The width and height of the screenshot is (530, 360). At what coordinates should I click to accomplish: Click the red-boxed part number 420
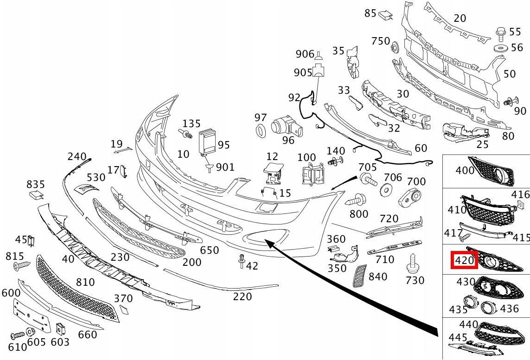pos(464,260)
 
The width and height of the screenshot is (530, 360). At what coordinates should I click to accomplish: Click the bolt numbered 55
pos(501,32)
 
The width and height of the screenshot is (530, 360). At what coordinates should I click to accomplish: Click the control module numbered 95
pos(208,142)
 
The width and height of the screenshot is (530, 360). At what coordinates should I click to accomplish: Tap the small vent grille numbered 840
pos(360,276)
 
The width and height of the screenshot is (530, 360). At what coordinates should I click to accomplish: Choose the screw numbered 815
pos(21,265)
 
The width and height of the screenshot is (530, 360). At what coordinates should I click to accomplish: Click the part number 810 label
pos(85,282)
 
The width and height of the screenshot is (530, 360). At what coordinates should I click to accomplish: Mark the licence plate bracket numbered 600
pos(32,315)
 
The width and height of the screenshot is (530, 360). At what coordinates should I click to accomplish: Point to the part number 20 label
pos(460,18)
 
